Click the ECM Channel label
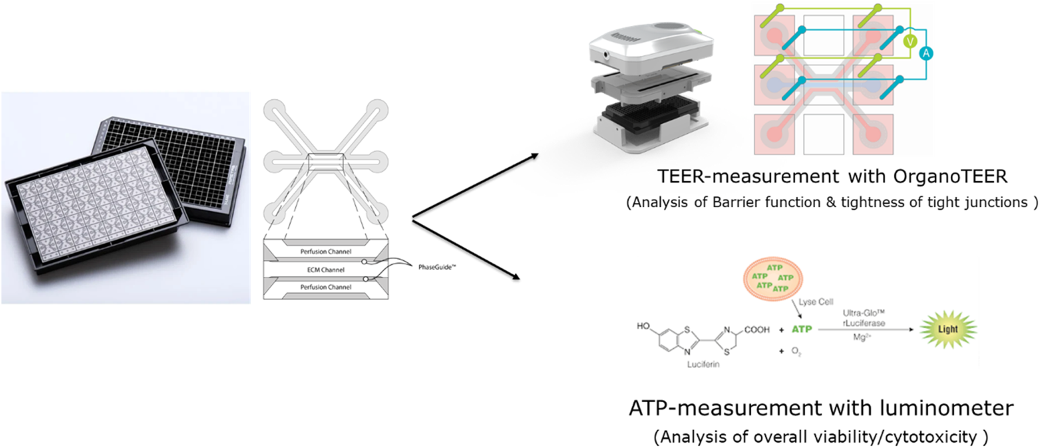(326, 270)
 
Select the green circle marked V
(910, 41)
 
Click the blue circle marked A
(926, 53)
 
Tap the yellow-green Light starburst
(947, 329)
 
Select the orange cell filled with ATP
(772, 277)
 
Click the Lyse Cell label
(815, 302)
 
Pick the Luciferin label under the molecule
(703, 365)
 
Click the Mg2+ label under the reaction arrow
(862, 338)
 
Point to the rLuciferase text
(864, 323)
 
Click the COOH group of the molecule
(757, 329)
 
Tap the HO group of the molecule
(643, 326)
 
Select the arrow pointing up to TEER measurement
(475, 186)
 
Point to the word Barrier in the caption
(737, 203)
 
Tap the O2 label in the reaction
(796, 351)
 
